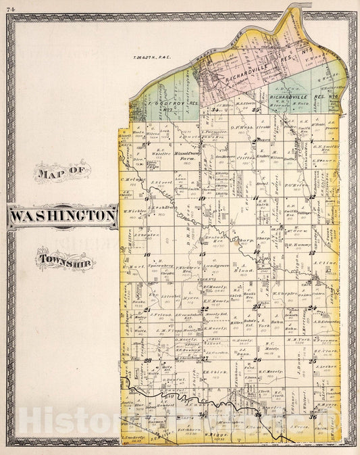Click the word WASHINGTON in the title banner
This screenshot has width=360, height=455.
point(63,216)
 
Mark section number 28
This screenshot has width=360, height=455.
point(147,361)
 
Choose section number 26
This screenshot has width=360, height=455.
point(257,360)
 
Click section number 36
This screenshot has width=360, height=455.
point(312,416)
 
